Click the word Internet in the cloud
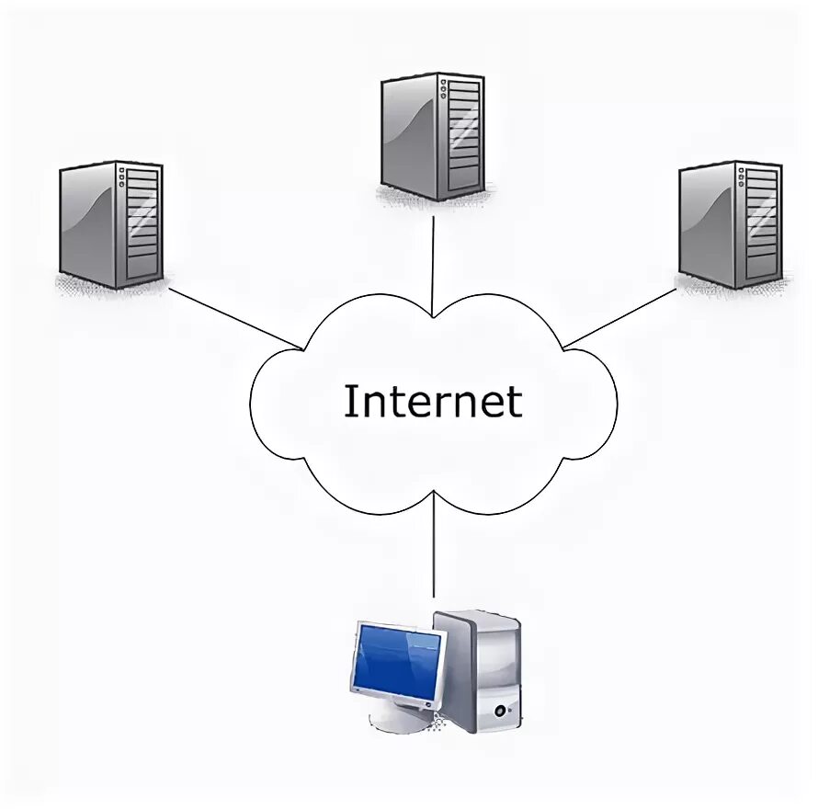point(432,402)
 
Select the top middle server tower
point(432,136)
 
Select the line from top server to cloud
point(433,257)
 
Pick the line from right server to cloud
point(619,318)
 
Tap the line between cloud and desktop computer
point(433,547)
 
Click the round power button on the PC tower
point(500,710)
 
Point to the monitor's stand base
point(401,721)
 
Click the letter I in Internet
point(350,402)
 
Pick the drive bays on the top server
point(463,136)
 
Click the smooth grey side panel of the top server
point(410,138)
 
